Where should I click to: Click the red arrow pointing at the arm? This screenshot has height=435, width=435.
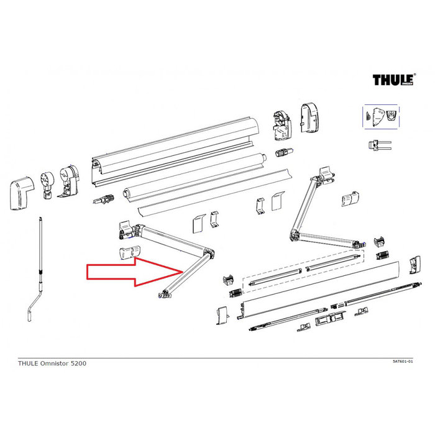(x=133, y=273)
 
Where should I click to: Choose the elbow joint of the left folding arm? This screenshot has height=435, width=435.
(x=208, y=255)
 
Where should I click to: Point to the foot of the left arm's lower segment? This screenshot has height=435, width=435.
(x=165, y=295)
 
